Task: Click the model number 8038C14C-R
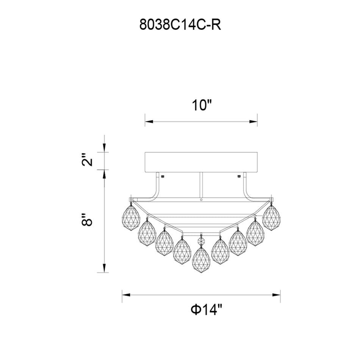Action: coord(180,25)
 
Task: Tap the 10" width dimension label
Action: coord(200,105)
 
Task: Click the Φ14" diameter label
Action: coord(206,310)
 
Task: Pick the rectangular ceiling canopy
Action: coord(201,162)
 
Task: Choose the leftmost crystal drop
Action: coord(130,218)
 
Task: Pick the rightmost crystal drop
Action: coord(271,217)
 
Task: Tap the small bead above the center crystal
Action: coord(201,240)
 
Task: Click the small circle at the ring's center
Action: coord(201,200)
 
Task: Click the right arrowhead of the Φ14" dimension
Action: coord(277,294)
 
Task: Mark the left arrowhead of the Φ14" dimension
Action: coord(125,294)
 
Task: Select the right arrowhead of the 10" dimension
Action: coord(254,122)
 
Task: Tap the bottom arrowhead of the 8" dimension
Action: coord(105,269)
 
